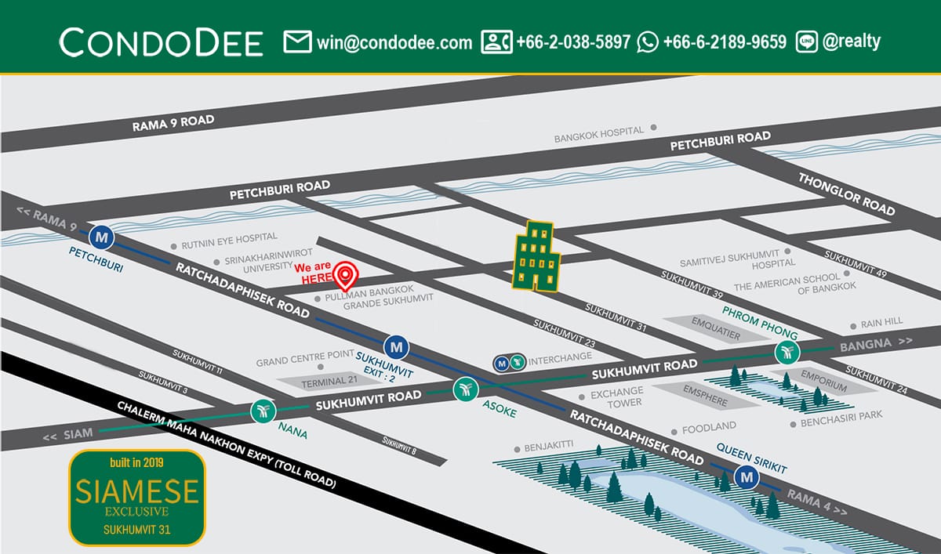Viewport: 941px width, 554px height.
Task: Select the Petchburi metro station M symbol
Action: tap(101, 236)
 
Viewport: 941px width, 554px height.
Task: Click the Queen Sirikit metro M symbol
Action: tap(747, 476)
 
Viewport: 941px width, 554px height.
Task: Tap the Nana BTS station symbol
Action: tap(262, 411)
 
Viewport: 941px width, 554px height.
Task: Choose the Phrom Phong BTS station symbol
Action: tap(787, 353)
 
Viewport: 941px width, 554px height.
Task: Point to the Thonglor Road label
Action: tap(846, 194)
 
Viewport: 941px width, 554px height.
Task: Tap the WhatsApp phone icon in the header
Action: tap(648, 42)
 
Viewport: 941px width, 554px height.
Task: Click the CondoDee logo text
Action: tap(161, 42)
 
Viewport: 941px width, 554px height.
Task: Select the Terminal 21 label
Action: tap(313, 382)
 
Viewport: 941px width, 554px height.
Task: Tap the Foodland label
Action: tap(709, 427)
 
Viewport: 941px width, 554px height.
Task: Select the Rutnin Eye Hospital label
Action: tap(229, 237)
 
